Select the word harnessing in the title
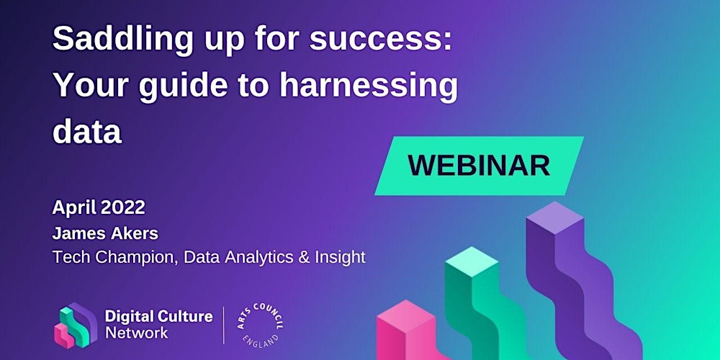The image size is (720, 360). pyautogui.click(x=369, y=86)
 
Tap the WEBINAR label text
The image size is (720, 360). pyautogui.click(x=479, y=166)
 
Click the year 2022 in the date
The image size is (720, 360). pyautogui.click(x=122, y=207)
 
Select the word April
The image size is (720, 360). pyautogui.click(x=74, y=209)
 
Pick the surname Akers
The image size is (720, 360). pyautogui.click(x=135, y=233)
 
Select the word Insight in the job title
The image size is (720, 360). pyautogui.click(x=341, y=258)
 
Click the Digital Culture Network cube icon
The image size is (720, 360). pyautogui.click(x=76, y=325)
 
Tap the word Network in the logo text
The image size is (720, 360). pyautogui.click(x=136, y=333)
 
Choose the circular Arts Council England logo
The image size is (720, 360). pyautogui.click(x=260, y=325)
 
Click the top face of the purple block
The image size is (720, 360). pyautogui.click(x=554, y=218)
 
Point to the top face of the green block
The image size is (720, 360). pyautogui.click(x=472, y=262)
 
